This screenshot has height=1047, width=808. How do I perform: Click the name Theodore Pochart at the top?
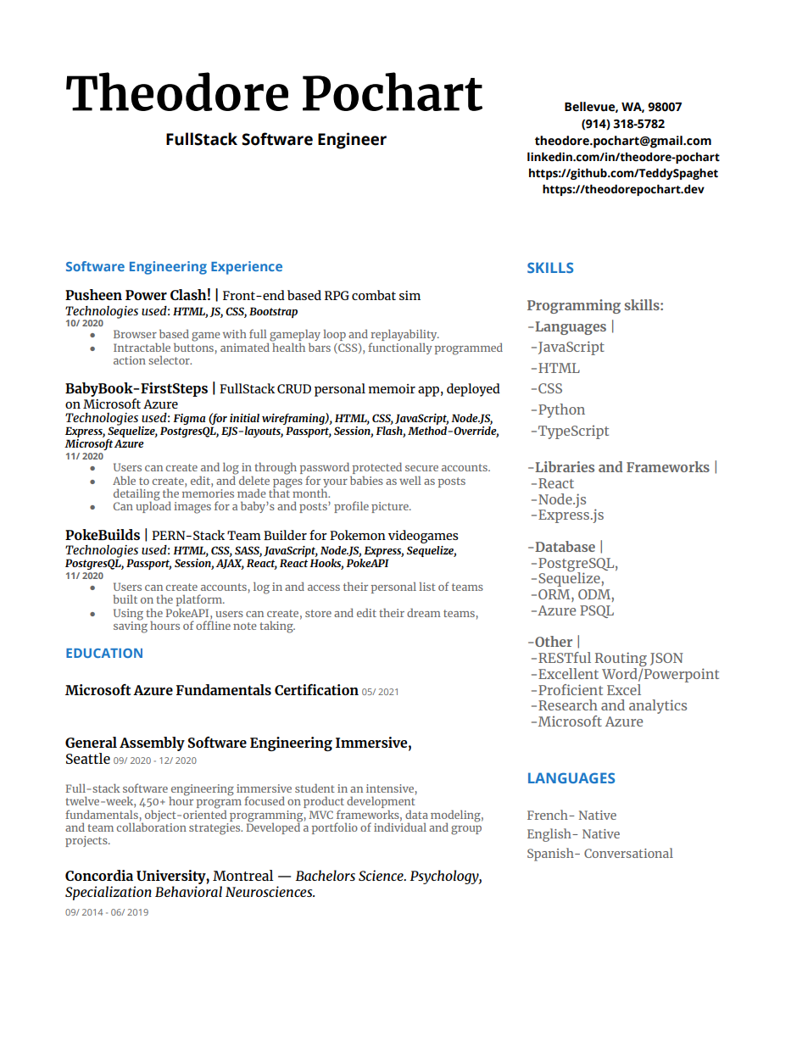(274, 93)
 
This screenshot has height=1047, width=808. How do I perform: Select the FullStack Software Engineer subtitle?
(276, 140)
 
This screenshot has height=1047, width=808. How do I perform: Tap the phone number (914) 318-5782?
(622, 124)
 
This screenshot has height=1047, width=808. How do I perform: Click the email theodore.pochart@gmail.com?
(622, 141)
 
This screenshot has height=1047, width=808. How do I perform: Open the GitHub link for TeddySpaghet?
(622, 173)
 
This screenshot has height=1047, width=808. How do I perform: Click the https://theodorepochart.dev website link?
(622, 189)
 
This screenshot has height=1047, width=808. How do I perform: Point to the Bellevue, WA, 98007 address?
(622, 107)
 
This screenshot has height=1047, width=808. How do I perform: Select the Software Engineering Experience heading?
(174, 267)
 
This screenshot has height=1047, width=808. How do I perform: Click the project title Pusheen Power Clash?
(138, 295)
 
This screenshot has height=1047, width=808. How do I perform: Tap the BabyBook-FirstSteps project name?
(137, 388)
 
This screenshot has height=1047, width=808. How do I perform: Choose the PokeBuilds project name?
(103, 535)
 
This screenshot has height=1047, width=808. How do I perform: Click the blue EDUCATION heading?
(104, 654)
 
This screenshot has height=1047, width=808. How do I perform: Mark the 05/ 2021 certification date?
(380, 692)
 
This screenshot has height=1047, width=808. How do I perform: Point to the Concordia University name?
(136, 876)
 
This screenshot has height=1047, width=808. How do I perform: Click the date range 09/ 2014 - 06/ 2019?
(107, 913)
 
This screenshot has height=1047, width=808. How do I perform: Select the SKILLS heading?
(550, 268)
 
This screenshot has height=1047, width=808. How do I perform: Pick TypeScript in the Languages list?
(572, 431)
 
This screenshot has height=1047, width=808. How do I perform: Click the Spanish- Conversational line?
(599, 854)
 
